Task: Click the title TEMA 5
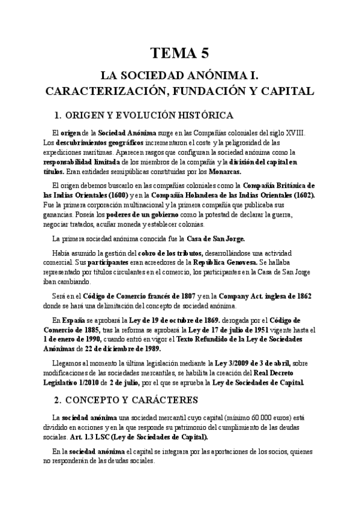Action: click(x=179, y=53)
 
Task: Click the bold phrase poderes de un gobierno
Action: click(x=133, y=215)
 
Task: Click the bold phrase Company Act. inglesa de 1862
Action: click(x=265, y=296)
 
